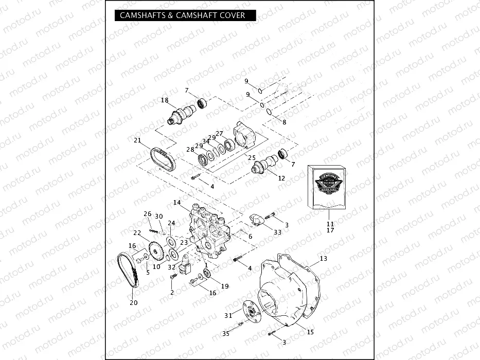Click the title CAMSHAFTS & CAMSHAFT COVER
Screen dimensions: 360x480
183,15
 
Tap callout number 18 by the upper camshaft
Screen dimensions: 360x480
165,100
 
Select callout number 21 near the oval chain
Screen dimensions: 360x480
137,141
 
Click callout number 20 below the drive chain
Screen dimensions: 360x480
133,303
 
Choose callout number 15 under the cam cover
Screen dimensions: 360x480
310,332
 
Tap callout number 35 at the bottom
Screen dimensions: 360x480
225,334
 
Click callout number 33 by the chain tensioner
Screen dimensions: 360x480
278,232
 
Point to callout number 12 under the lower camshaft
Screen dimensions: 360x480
281,178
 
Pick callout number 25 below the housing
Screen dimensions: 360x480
252,157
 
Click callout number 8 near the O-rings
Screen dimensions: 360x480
284,122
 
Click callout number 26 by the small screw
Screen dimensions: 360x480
148,213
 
